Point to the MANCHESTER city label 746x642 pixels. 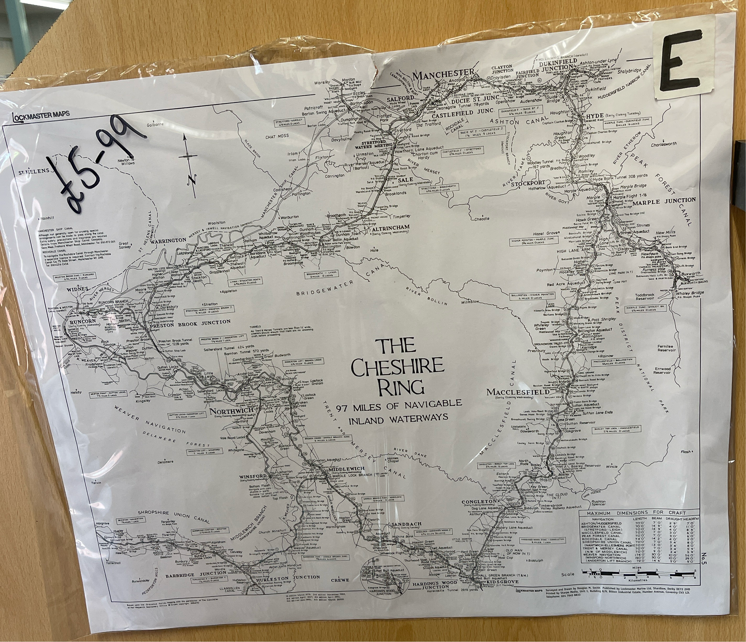click(444, 76)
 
